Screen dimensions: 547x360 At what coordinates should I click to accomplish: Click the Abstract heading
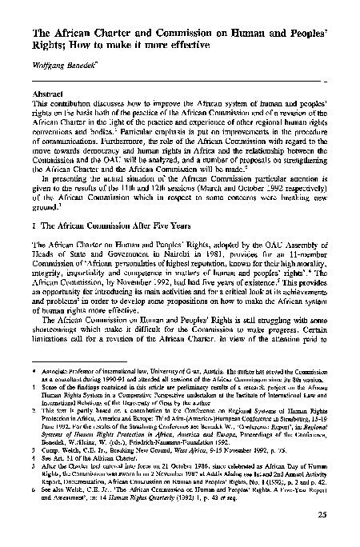[46, 93]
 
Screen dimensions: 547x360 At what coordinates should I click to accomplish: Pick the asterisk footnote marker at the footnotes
[30, 373]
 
